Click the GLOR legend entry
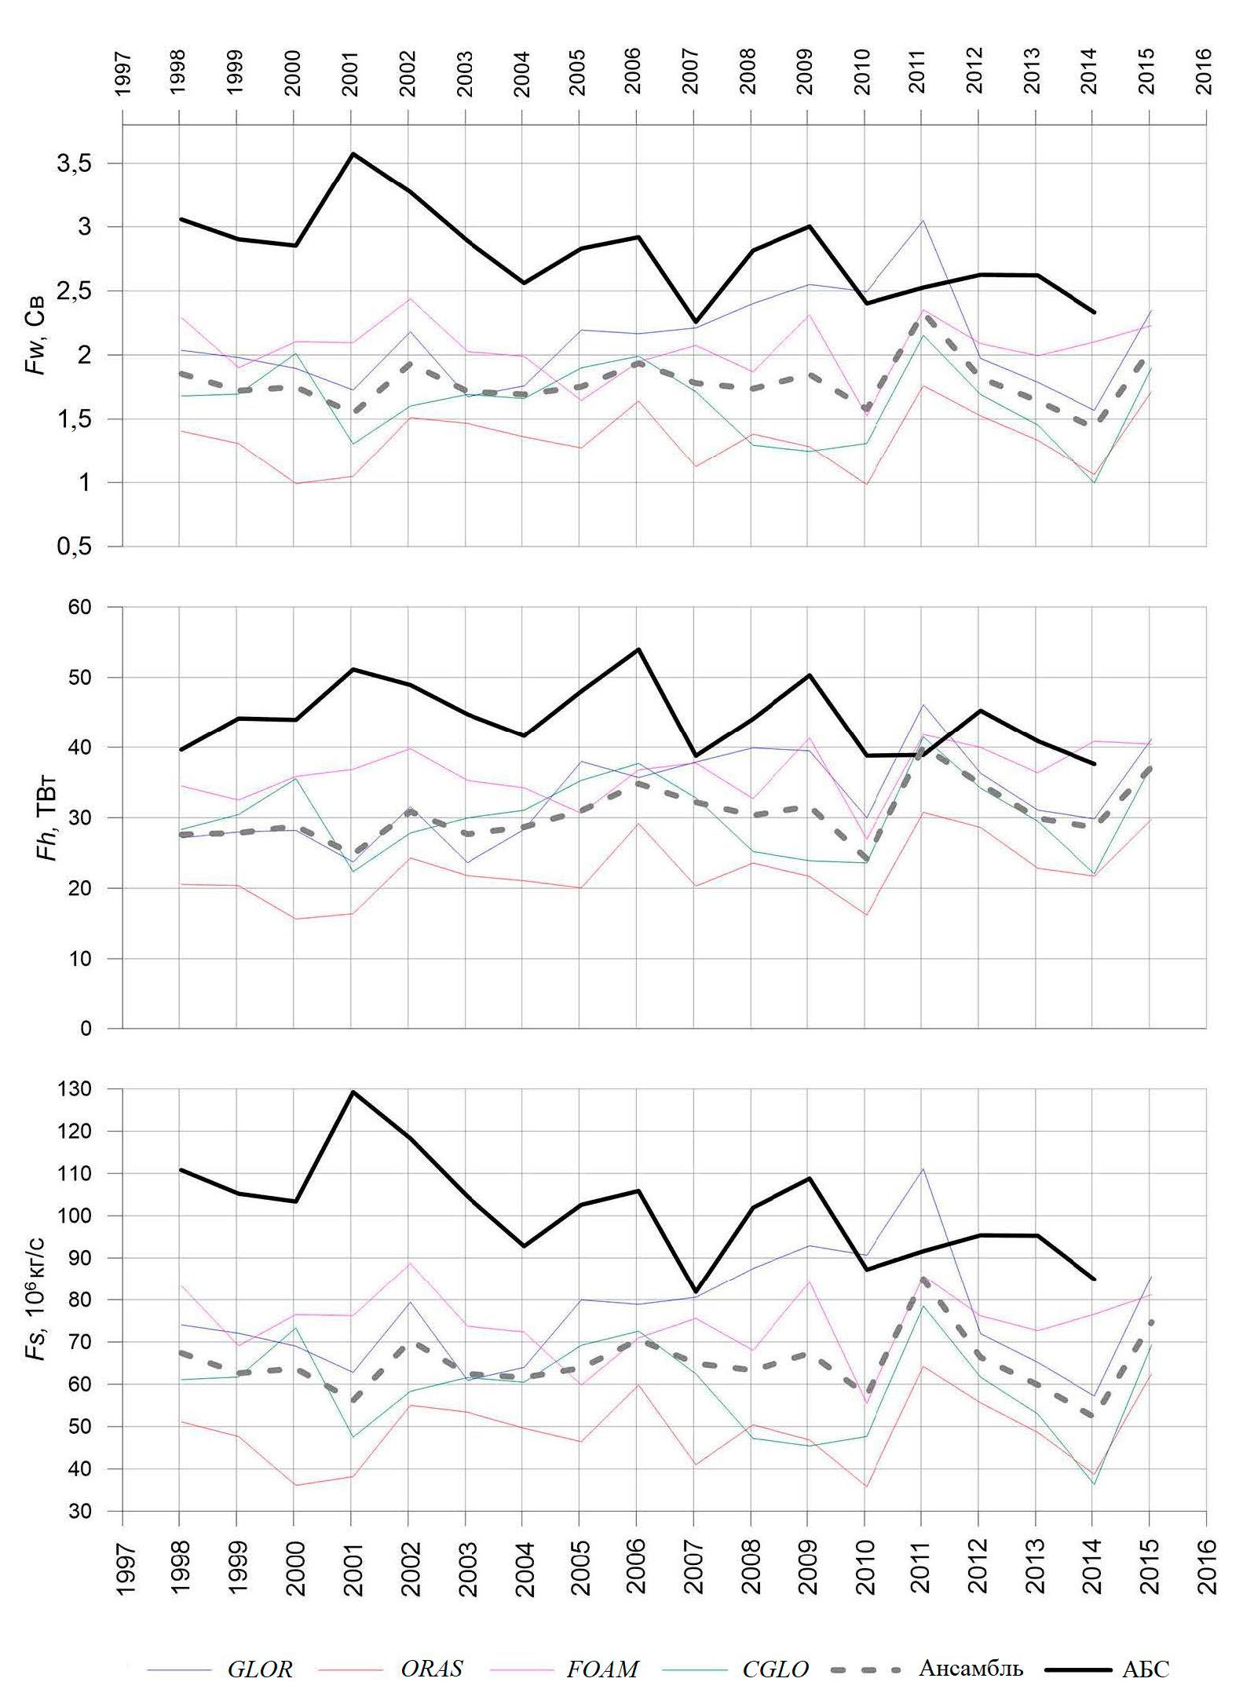click(x=260, y=1669)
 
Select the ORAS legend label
click(x=432, y=1669)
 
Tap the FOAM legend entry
click(x=602, y=1669)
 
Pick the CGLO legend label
click(x=776, y=1669)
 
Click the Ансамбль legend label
click(x=971, y=1668)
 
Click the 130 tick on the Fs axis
click(x=90, y=1090)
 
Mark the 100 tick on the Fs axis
click(x=90, y=1216)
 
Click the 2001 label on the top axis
click(x=350, y=73)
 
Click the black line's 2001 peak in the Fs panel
click(x=352, y=1092)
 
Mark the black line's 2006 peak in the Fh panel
click(x=638, y=649)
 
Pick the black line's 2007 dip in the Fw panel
click(x=694, y=321)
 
